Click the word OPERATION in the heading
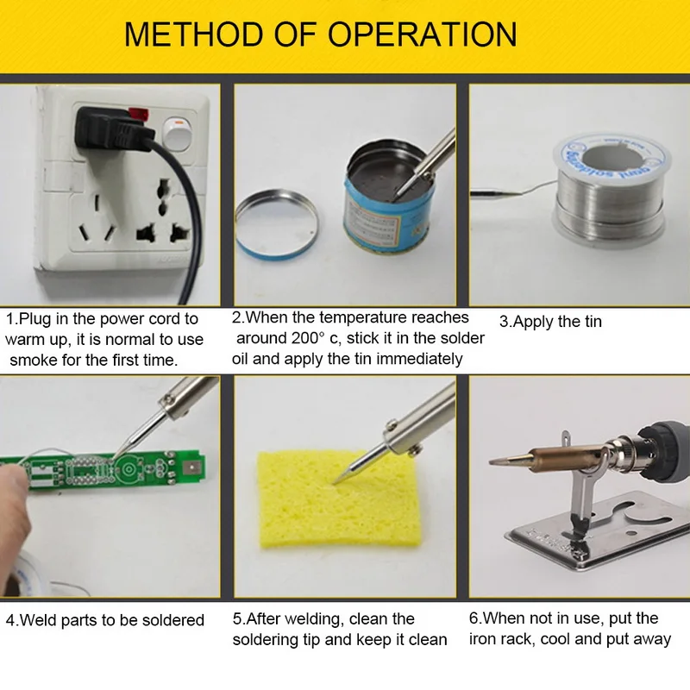point(423,34)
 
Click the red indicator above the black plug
point(139,115)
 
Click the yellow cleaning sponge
point(339,499)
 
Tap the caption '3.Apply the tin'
point(550,322)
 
